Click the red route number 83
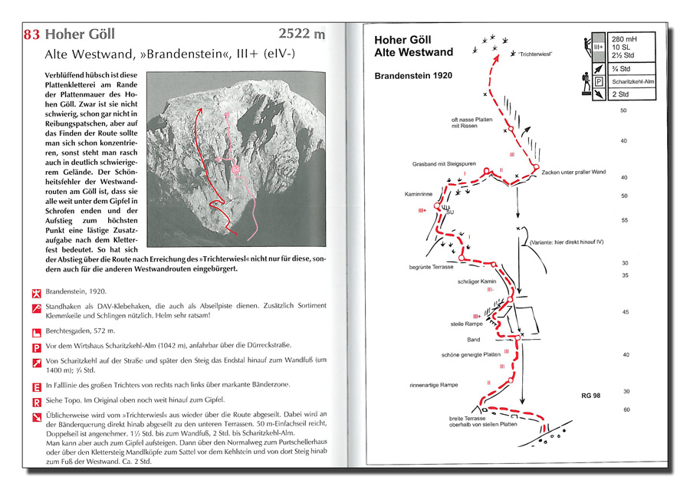(32, 35)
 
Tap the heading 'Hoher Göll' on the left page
(80, 35)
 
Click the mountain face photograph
(235, 153)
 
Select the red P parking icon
(35, 347)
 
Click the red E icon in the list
(35, 386)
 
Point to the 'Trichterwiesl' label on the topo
(534, 54)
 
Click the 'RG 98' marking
(593, 395)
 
